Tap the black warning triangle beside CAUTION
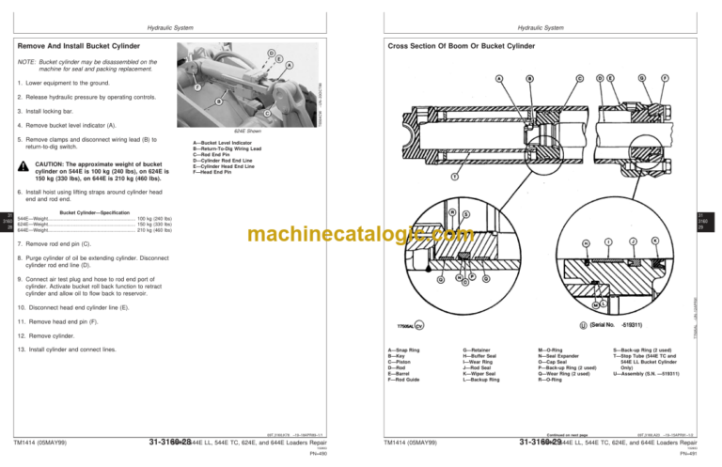(22, 167)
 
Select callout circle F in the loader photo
(197, 87)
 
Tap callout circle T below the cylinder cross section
(455, 176)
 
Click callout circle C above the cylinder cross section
(579, 77)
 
